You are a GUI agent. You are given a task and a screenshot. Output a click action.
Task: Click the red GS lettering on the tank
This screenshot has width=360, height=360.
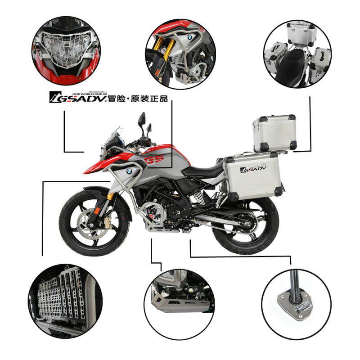pos(154,160)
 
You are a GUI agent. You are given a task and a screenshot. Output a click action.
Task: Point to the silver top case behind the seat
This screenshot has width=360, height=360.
pos(274,133)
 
